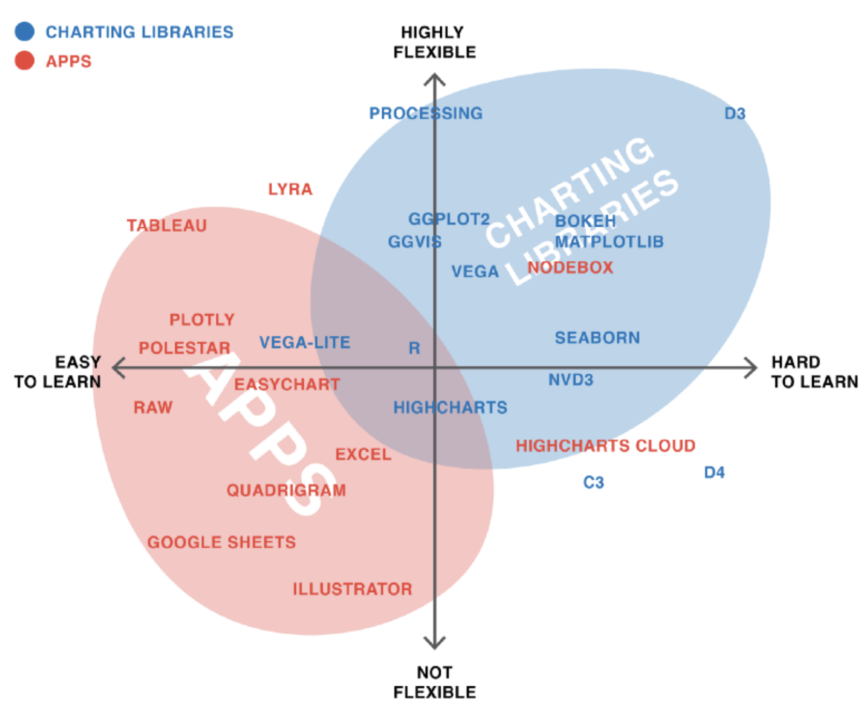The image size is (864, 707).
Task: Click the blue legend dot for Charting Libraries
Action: [24, 32]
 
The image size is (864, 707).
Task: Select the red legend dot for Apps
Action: [24, 61]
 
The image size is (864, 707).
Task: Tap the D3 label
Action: [735, 114]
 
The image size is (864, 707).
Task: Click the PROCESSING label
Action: [426, 113]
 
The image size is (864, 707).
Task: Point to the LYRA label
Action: [290, 189]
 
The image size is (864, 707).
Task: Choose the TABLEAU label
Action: [167, 226]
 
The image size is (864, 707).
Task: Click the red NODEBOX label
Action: [570, 268]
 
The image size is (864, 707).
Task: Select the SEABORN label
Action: [598, 338]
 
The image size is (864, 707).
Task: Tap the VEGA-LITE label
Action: [305, 343]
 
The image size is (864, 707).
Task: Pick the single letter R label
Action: [414, 348]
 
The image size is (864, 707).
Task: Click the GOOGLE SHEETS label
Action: [221, 542]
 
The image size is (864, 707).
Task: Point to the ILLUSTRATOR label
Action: [352, 589]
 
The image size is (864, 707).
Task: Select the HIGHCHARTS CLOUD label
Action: [605, 446]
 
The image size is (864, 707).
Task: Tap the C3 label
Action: [593, 482]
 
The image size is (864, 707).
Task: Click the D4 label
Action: [714, 473]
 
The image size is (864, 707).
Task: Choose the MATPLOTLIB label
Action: [609, 242]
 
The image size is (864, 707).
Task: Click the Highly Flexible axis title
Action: [434, 42]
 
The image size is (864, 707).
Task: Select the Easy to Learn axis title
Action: [58, 372]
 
